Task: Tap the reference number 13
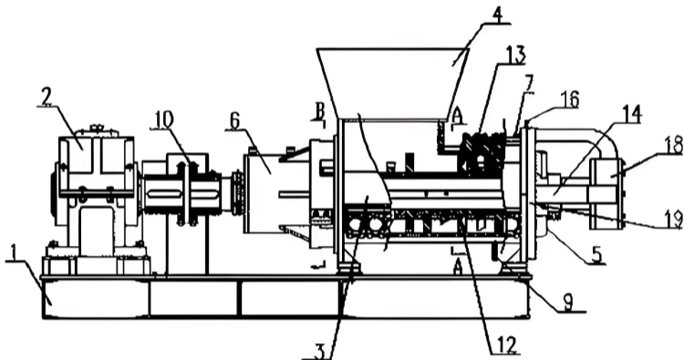pyautogui.click(x=514, y=56)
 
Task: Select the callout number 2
pyautogui.click(x=47, y=97)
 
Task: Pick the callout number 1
pyautogui.click(x=14, y=252)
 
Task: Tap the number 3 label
pyautogui.click(x=319, y=352)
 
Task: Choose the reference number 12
pyautogui.click(x=506, y=345)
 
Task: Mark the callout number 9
pyautogui.click(x=566, y=303)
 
